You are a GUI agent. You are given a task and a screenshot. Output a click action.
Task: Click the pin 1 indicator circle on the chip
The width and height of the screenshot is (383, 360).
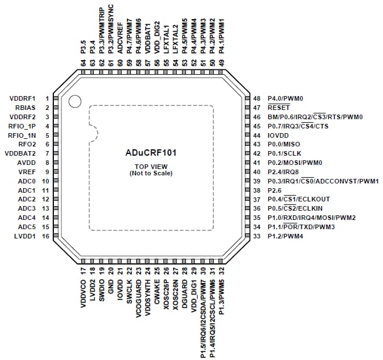coord(74,102)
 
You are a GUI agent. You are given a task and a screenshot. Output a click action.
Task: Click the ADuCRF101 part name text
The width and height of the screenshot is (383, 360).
coord(151,154)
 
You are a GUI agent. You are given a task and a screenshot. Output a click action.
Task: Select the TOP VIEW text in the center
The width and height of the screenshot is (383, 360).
coord(151,167)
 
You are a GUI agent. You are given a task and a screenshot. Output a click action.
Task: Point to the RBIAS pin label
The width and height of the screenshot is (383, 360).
coord(25,108)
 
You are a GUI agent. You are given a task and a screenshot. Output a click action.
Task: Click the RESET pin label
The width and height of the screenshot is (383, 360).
coord(279,108)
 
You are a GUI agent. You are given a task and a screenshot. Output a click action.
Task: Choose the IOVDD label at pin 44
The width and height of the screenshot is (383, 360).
coord(279,135)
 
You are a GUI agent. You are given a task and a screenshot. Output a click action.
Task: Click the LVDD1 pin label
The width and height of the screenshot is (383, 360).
coord(25,237)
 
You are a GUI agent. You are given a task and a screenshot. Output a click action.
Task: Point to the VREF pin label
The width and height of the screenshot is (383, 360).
coord(27,172)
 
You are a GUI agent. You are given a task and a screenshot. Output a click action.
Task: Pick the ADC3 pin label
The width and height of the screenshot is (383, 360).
coord(27,208)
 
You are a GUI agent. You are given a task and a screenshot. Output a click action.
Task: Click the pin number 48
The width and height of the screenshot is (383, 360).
coord(257,98)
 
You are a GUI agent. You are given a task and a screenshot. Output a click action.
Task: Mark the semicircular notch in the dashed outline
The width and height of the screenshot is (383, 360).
coord(93,135)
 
